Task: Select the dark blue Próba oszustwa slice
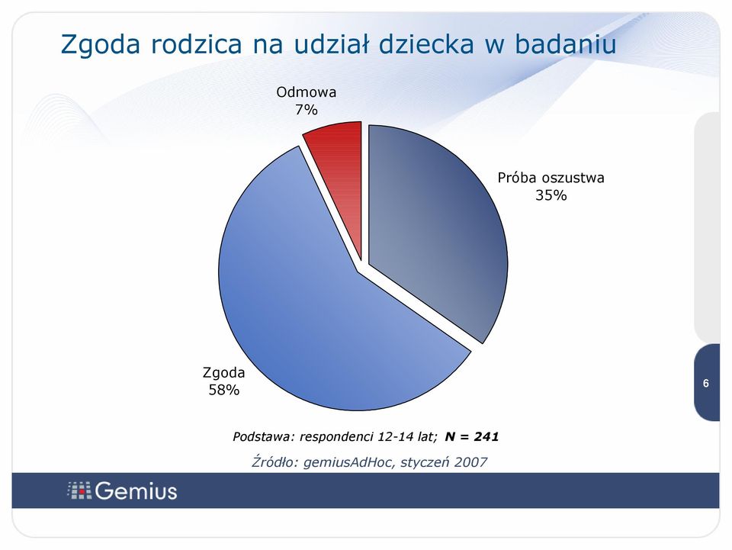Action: tap(434, 224)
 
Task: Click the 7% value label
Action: tap(307, 110)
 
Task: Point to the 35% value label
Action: tap(551, 195)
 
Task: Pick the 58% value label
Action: tap(223, 390)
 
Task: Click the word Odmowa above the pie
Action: tap(307, 92)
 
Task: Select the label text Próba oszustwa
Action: tap(551, 178)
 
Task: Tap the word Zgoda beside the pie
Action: tap(223, 372)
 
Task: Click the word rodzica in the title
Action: tap(196, 44)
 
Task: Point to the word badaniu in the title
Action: tap(565, 44)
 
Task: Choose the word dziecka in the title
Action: tap(425, 44)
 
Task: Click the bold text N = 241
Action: tap(472, 436)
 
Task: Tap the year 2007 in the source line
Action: tap(470, 462)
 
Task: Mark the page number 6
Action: tap(706, 383)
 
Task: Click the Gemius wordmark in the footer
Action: tap(136, 491)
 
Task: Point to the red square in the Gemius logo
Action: tap(82, 491)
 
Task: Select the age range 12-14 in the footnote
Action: tap(396, 436)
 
